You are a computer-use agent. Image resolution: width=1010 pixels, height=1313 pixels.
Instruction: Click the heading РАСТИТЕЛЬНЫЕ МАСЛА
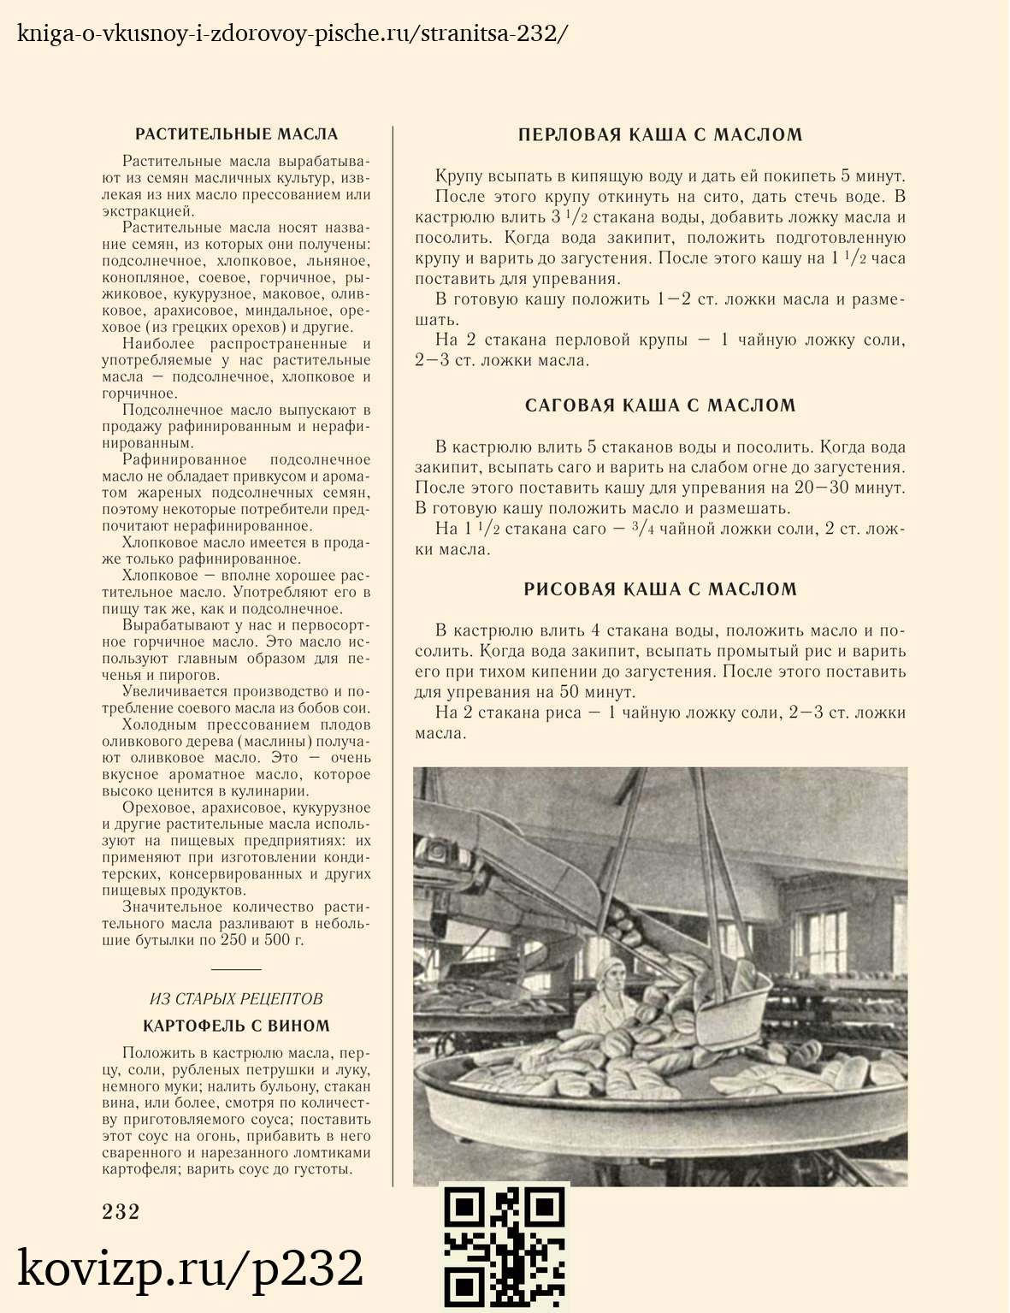coord(237,134)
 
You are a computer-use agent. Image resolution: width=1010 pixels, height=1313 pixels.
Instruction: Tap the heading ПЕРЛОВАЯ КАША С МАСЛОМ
coord(660,134)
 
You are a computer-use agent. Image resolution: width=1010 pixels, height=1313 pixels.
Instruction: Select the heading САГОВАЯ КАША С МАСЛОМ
coord(660,405)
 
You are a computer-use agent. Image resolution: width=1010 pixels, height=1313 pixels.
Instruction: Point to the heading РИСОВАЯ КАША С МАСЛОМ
coord(660,589)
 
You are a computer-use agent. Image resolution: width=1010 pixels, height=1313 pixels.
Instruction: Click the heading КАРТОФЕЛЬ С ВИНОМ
coord(236,1026)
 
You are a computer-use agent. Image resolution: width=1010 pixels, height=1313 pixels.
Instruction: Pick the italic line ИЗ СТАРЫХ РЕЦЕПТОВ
coord(236,999)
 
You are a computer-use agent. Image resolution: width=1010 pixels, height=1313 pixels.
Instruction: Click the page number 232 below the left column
coord(121,1211)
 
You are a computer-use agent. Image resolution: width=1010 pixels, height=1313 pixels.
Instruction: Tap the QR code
coord(505,1248)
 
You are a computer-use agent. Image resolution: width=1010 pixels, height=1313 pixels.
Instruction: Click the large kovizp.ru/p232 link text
coord(191,1269)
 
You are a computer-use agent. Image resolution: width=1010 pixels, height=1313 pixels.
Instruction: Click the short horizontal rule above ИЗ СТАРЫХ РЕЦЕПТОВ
coord(236,969)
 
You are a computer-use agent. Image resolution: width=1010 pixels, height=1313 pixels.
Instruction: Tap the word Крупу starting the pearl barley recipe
coord(458,177)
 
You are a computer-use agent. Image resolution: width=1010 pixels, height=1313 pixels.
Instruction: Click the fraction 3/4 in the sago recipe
coord(641,528)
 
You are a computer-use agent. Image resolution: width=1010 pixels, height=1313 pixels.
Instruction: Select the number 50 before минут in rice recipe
coord(570,692)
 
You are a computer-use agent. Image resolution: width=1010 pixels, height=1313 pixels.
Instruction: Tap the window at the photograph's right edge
coord(898,932)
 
